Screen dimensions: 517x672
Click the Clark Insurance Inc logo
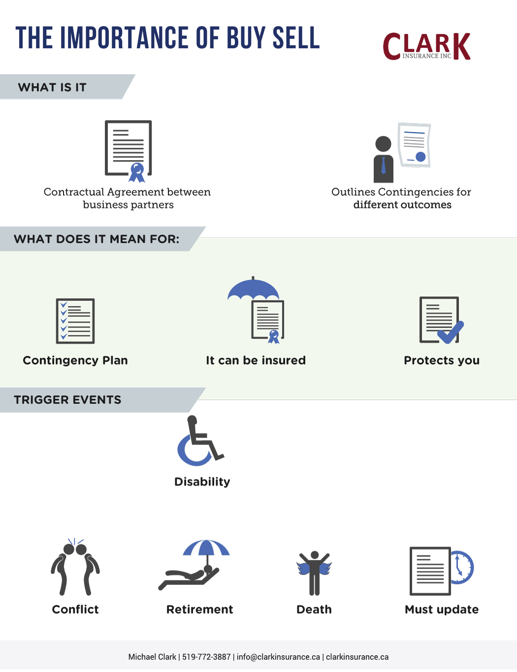point(426,46)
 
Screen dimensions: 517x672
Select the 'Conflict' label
point(75,609)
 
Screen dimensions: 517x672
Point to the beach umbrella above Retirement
point(206,548)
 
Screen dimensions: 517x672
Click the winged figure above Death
point(314,573)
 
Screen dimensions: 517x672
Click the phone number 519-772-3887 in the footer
point(206,657)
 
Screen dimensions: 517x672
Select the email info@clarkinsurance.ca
point(278,657)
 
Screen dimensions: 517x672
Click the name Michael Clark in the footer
point(152,657)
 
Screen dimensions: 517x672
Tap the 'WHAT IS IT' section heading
point(52,87)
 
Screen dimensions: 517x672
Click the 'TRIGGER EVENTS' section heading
point(67,400)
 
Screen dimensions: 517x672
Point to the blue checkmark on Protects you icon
point(451,333)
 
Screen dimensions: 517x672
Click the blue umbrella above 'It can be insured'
point(254,289)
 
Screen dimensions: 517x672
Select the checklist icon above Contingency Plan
point(75,321)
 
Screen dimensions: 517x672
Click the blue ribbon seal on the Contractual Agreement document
point(137,172)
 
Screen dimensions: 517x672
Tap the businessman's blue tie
point(384,166)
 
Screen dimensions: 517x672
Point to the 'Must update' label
point(442,609)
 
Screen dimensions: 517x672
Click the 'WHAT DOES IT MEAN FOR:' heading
point(97,239)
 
